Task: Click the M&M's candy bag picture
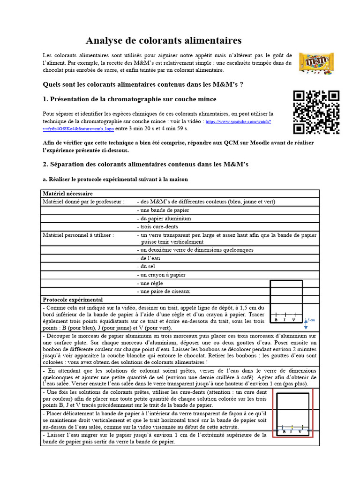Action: tap(316, 63)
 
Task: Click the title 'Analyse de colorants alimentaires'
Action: tap(164, 41)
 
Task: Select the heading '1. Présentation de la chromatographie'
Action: tap(129, 99)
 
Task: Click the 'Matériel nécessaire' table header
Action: tap(67, 193)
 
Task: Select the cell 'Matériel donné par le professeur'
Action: tap(84, 202)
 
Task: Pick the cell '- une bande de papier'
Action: tap(163, 210)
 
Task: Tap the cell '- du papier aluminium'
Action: tap(164, 218)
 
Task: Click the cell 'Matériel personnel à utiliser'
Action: tap(78, 235)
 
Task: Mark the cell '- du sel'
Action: tap(146, 266)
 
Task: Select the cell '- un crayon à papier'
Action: tap(161, 275)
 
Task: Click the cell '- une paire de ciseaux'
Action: tap(163, 291)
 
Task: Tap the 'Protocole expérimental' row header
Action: tap(73, 300)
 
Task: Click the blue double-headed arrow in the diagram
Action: tap(306, 324)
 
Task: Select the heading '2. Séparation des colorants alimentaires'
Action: tap(145, 164)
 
